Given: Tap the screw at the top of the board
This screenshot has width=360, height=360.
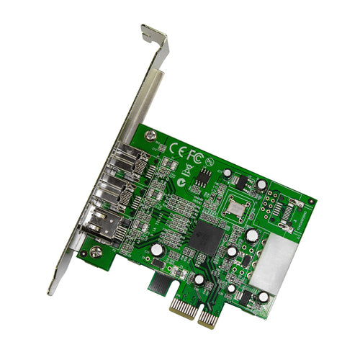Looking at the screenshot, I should pyautogui.click(x=148, y=137).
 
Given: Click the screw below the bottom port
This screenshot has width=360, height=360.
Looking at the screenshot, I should pyautogui.click(x=95, y=253).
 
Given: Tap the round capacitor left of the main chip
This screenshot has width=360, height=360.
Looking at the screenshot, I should pyautogui.click(x=156, y=249).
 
